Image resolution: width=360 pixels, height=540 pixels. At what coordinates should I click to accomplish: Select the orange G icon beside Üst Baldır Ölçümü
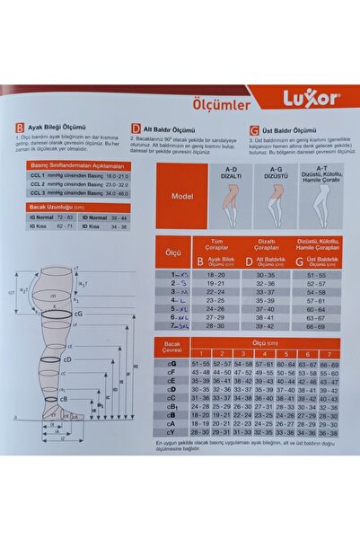pyautogui.click(x=255, y=128)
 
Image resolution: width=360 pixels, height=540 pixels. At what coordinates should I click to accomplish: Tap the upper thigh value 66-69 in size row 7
pyautogui.click(x=315, y=327)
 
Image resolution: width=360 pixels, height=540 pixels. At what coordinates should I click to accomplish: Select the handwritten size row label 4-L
pyautogui.click(x=178, y=299)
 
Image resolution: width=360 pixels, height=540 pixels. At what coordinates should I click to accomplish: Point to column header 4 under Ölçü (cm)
pyautogui.click(x=268, y=354)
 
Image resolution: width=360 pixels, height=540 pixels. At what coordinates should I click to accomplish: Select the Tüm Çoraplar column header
pyautogui.click(x=215, y=243)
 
